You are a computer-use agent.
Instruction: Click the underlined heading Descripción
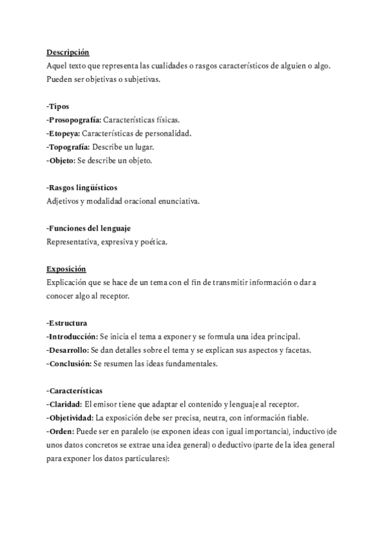coord(68,53)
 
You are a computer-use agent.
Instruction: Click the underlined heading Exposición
coord(66,268)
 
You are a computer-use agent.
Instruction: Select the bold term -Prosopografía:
coord(74,120)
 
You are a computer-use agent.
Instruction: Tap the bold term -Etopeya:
coord(63,133)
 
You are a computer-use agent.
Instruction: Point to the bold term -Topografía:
coord(68,147)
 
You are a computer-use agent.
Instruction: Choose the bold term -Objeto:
coord(61,160)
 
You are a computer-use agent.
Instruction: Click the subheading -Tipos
coord(58,106)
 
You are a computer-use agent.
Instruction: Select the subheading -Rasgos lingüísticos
coord(82,188)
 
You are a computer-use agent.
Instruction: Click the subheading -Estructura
coord(67,323)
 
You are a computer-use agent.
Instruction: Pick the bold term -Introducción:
coord(72,336)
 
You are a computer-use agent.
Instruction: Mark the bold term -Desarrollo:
coord(67,350)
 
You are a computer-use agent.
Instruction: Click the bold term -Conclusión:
coord(69,364)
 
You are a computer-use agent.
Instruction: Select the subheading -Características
coord(74,391)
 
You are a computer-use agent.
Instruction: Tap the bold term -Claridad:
coord(64,404)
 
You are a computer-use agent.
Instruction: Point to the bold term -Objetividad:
coord(70,417)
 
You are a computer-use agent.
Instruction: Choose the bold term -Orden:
coord(60,431)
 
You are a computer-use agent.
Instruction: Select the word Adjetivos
coord(63,201)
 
